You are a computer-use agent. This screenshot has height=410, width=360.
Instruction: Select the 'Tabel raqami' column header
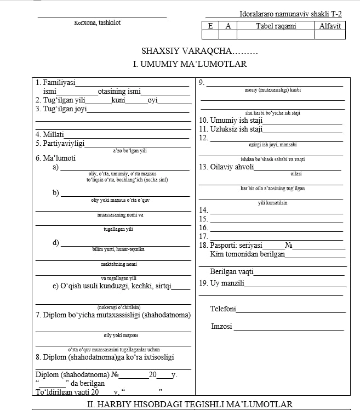[x=276, y=25]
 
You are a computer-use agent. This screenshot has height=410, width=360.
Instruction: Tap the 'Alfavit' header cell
[x=330, y=25]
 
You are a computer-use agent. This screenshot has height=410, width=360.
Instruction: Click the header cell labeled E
[x=210, y=25]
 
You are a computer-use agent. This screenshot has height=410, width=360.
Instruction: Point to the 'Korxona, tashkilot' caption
[x=98, y=22]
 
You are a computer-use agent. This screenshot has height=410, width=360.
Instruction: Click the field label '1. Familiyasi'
[x=55, y=83]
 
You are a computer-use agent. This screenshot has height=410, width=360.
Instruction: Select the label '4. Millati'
[x=50, y=134]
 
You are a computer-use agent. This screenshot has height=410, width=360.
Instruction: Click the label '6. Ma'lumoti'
[x=55, y=158]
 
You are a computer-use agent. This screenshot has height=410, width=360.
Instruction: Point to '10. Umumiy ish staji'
[x=231, y=120]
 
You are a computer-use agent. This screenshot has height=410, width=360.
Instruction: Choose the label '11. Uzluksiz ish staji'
[x=231, y=129]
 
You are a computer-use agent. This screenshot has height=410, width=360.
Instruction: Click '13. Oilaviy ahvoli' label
[x=226, y=167]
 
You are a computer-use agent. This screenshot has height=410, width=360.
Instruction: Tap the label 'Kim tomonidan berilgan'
[x=247, y=254]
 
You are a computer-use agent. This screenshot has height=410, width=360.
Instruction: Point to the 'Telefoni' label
[x=223, y=309]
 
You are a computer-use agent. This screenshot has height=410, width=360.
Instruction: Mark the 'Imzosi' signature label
[x=221, y=327]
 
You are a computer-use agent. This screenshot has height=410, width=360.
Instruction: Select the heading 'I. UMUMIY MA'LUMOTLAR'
[x=190, y=64]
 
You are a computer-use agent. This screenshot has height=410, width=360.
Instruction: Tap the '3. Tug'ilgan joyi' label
[x=61, y=109]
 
